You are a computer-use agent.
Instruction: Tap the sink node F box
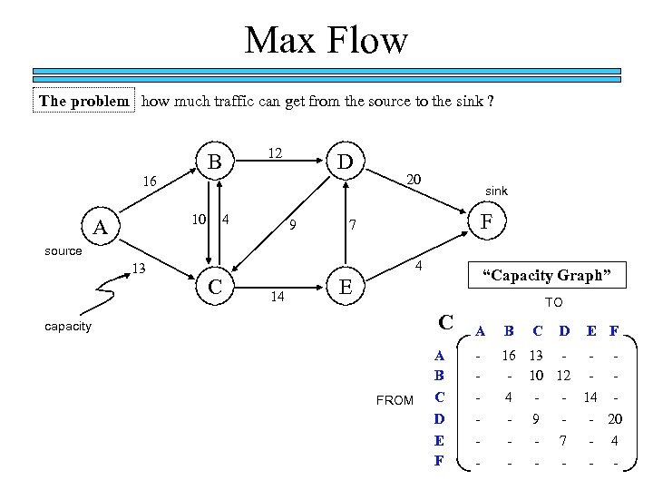click(x=487, y=220)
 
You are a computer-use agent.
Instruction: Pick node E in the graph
click(x=345, y=288)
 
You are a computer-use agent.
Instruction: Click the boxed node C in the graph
click(x=216, y=288)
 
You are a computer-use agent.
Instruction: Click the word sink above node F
click(x=496, y=191)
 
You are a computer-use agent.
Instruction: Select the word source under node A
click(x=63, y=250)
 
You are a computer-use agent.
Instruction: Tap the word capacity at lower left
click(x=68, y=326)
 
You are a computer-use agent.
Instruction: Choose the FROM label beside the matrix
click(x=395, y=400)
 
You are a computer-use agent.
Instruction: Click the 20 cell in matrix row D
click(x=616, y=419)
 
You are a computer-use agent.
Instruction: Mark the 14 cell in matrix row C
click(x=590, y=397)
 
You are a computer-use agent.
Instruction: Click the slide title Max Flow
click(x=326, y=41)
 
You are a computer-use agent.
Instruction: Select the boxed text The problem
click(x=84, y=101)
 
